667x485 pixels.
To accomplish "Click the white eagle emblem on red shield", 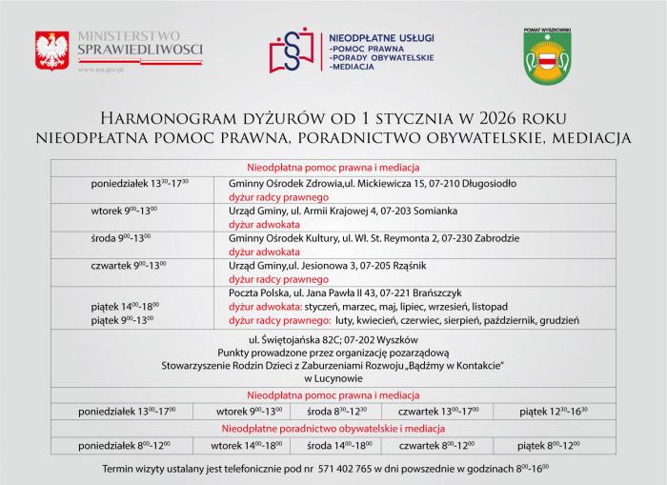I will click(51, 50).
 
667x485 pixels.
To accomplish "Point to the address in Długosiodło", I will click(373, 181).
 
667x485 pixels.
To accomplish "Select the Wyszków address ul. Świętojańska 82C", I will click(333, 339).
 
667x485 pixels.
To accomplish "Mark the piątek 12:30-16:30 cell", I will click(554, 411).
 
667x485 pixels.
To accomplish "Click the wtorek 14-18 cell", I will click(246, 444).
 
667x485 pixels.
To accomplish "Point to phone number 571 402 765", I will click(348, 471).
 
